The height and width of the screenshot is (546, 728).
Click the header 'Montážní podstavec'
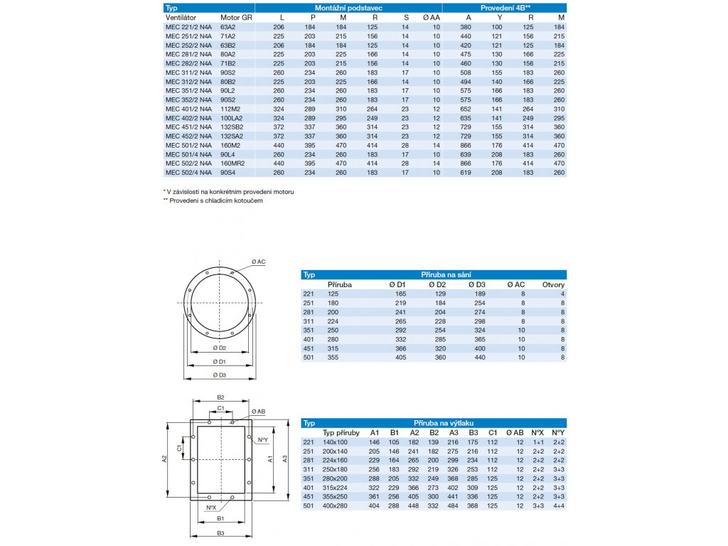coord(348,7)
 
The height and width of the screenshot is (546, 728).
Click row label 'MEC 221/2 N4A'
coord(188,26)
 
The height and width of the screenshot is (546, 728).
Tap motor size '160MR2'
coord(232,163)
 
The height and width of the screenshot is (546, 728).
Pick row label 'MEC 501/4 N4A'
coord(188,154)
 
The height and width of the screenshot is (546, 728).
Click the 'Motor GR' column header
coord(236,16)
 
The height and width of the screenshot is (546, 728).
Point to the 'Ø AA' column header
coord(432,16)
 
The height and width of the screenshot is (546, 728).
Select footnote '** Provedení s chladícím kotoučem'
coord(213,201)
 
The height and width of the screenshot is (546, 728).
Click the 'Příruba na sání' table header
coord(446,274)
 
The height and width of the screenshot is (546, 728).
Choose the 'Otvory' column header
coord(553,284)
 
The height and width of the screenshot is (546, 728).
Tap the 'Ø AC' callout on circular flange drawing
coord(258,262)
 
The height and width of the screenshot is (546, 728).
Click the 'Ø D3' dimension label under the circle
coord(219,375)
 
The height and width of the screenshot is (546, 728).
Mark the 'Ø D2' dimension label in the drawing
coord(219,348)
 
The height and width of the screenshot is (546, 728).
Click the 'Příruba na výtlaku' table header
coord(446,422)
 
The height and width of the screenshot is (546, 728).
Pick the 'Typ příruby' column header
coord(341,432)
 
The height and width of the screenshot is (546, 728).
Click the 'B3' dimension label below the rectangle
coord(221,532)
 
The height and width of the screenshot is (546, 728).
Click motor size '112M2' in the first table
coord(230,108)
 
